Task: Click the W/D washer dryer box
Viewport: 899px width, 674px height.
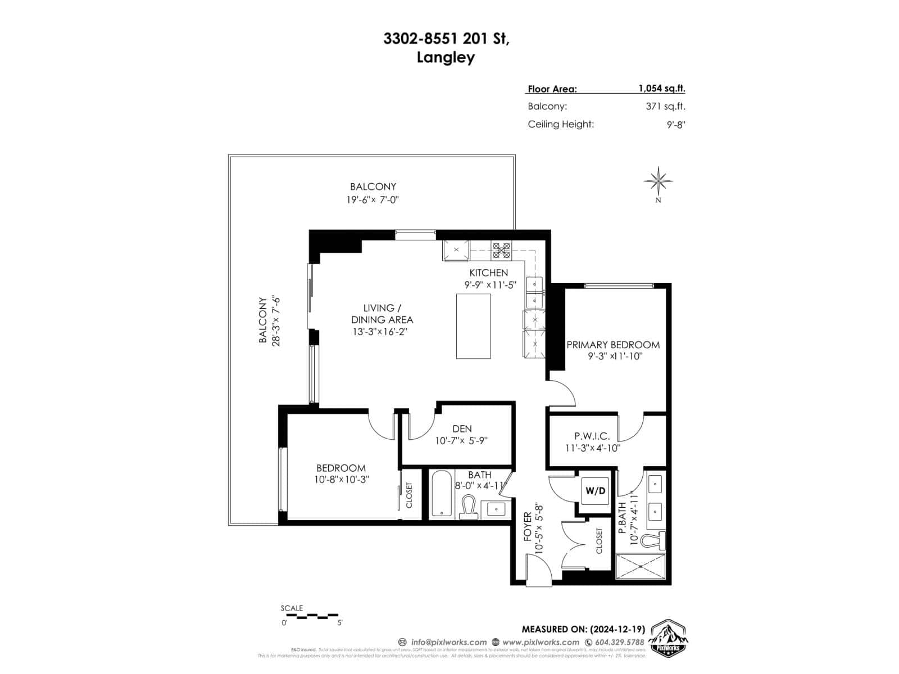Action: click(x=596, y=490)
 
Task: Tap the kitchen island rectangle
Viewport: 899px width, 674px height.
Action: click(x=473, y=326)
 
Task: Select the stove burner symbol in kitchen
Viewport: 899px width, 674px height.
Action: click(x=501, y=250)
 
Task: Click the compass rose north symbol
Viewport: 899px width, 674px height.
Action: click(x=658, y=181)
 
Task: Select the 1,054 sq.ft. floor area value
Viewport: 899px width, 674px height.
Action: click(x=661, y=88)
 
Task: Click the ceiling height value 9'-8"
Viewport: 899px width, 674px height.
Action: click(x=676, y=125)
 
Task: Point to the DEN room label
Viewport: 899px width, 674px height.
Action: click(x=462, y=429)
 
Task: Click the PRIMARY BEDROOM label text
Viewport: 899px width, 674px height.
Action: click(x=612, y=345)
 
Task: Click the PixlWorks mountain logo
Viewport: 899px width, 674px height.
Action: click(x=669, y=639)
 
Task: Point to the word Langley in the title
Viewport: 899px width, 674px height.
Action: click(x=446, y=58)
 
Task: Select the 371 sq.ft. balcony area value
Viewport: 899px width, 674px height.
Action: click(x=665, y=106)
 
